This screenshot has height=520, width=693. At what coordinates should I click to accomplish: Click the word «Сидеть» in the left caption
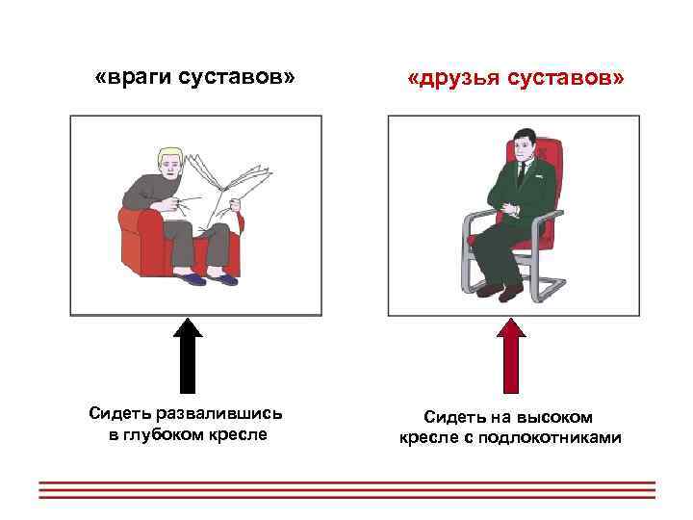point(117,414)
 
